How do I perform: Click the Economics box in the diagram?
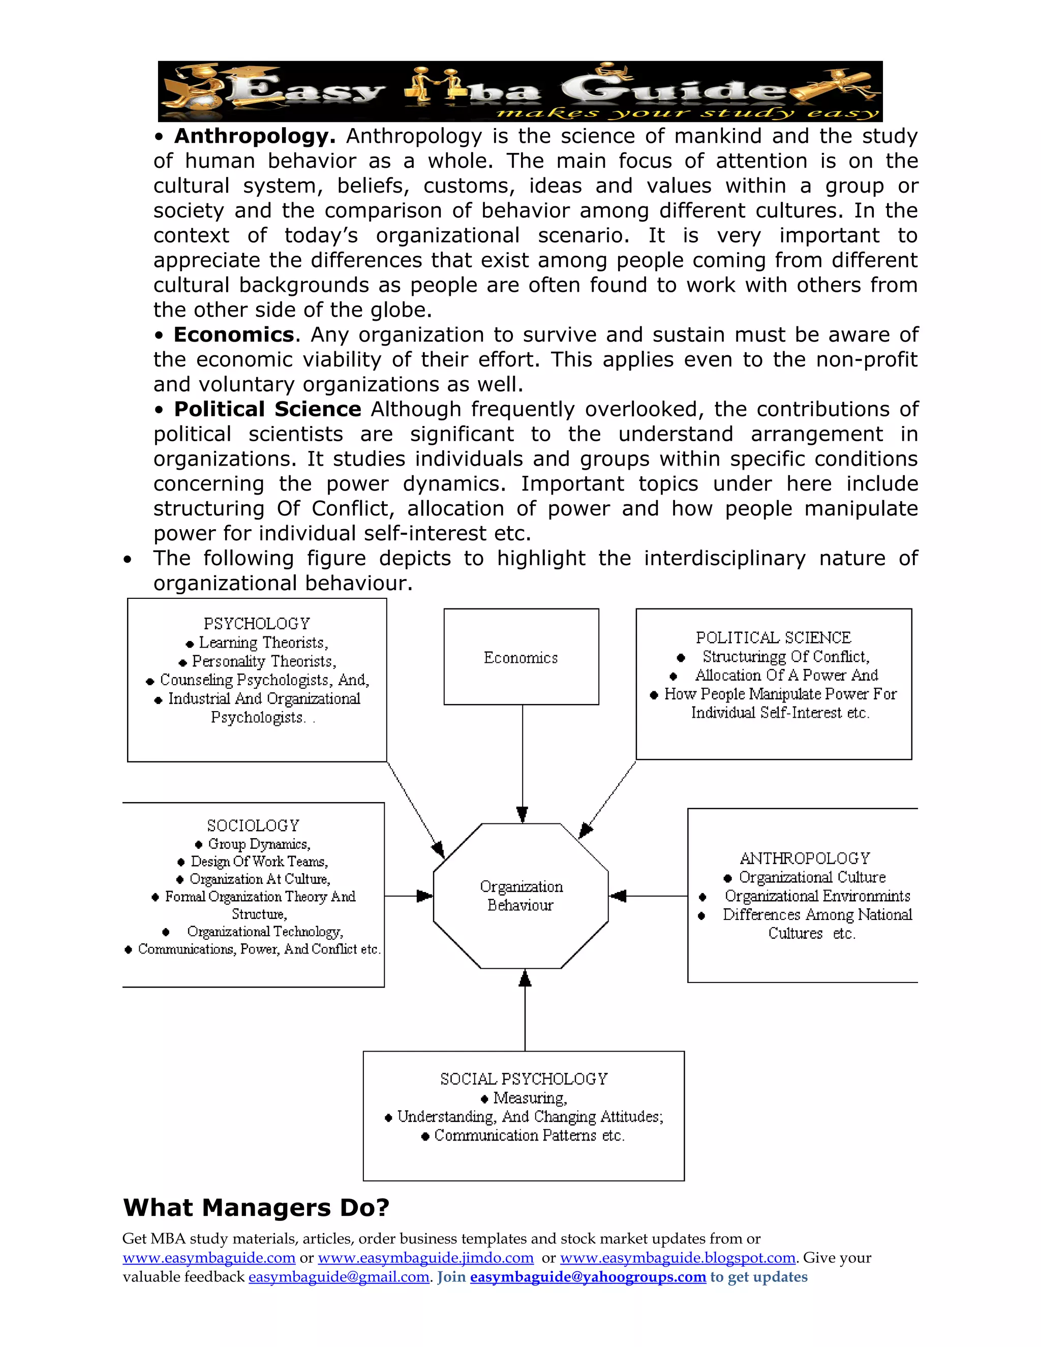[x=521, y=657]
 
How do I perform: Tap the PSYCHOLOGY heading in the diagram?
[x=257, y=624]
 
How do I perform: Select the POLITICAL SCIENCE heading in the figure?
[x=773, y=638]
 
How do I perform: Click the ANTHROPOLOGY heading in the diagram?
[x=805, y=858]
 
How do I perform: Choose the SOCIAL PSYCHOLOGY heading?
[x=524, y=1079]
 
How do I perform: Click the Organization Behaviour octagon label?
[x=521, y=896]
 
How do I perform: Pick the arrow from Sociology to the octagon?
[x=408, y=896]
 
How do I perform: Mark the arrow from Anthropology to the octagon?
[x=648, y=896]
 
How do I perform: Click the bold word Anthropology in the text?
[x=255, y=136]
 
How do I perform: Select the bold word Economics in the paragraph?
[x=234, y=335]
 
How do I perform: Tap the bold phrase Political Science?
[x=268, y=410]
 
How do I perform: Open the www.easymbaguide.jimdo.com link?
[x=425, y=1258]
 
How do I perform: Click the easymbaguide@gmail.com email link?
[x=339, y=1277]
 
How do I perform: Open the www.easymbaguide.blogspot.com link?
[x=678, y=1258]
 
